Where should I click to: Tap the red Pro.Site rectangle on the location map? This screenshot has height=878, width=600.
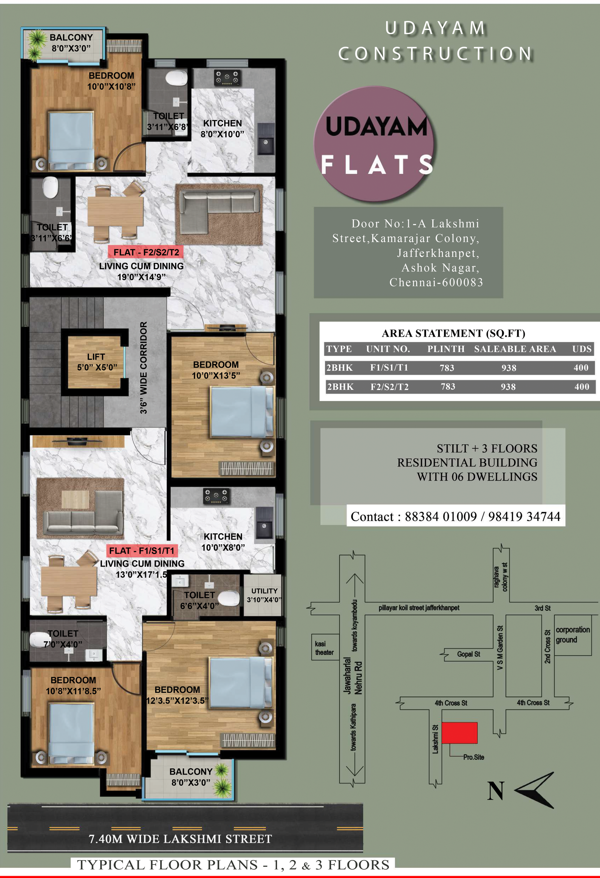click(x=459, y=733)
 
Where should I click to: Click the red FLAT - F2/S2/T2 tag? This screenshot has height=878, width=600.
click(x=146, y=252)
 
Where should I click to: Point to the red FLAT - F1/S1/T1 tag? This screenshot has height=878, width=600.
click(x=142, y=550)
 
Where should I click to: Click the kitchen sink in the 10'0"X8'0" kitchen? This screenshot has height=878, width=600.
click(x=264, y=523)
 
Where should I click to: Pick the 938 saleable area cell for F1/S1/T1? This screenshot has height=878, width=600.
click(x=508, y=368)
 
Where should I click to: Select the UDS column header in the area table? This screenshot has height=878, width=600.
click(x=582, y=349)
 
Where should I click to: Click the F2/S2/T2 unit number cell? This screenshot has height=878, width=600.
click(x=389, y=387)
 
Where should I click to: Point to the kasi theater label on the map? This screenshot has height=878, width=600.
click(x=324, y=648)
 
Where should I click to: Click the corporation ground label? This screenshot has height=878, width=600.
click(x=572, y=634)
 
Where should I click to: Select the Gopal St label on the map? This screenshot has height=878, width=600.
click(x=468, y=653)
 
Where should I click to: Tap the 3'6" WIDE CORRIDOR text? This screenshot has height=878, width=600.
click(x=144, y=367)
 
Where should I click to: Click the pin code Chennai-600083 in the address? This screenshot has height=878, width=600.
click(x=436, y=282)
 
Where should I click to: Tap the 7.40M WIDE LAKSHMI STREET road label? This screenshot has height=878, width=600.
click(x=180, y=839)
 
